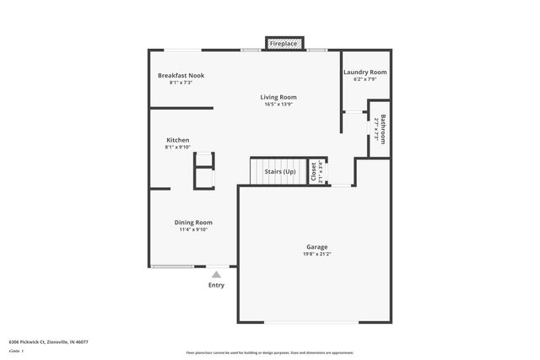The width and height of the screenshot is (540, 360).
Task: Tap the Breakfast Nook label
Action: (x=181, y=75)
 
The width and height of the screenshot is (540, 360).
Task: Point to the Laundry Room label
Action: (x=364, y=73)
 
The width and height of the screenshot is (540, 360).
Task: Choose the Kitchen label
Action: (x=177, y=140)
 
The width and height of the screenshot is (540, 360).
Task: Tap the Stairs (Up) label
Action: (x=280, y=172)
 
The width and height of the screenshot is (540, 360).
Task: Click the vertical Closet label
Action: (x=314, y=172)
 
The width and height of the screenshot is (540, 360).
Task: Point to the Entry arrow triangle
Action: (x=216, y=274)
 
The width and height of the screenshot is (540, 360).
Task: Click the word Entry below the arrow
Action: (x=216, y=285)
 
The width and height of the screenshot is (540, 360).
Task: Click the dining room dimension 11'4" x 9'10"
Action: (x=192, y=229)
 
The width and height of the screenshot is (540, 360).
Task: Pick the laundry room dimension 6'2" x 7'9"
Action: (x=364, y=80)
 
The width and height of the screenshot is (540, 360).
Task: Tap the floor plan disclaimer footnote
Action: (x=269, y=352)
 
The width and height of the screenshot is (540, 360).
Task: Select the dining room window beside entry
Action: (x=172, y=266)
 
